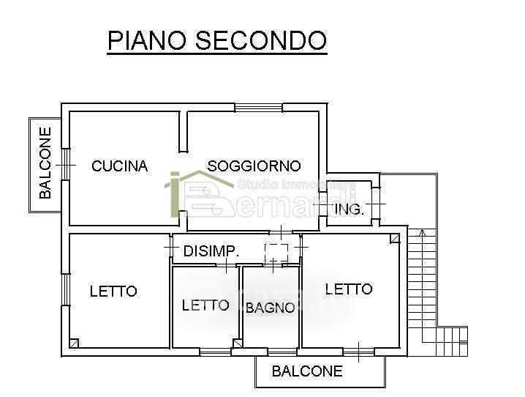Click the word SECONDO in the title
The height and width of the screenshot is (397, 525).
[x=259, y=40]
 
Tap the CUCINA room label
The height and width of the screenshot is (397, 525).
[x=119, y=166]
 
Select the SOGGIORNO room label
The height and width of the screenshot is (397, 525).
[x=254, y=166]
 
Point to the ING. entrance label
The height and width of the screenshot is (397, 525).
[x=349, y=209]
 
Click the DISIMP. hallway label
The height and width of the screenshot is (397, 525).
[x=211, y=251]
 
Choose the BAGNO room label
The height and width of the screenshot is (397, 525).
[x=270, y=308]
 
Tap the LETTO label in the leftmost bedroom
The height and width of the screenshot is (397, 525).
[x=113, y=292]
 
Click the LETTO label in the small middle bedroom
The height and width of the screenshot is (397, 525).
[x=205, y=305]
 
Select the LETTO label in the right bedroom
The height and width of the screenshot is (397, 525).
[x=349, y=289]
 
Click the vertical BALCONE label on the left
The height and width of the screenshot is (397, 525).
[x=46, y=163]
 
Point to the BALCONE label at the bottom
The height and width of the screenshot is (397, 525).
[x=306, y=371]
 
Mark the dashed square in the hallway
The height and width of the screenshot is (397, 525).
[x=276, y=252]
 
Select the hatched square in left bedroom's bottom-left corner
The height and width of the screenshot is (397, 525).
[x=75, y=343]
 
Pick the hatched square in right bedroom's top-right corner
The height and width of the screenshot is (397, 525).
[x=395, y=238]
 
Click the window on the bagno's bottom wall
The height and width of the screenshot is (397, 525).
[x=282, y=352]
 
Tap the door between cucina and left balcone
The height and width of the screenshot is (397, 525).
[x=65, y=165]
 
